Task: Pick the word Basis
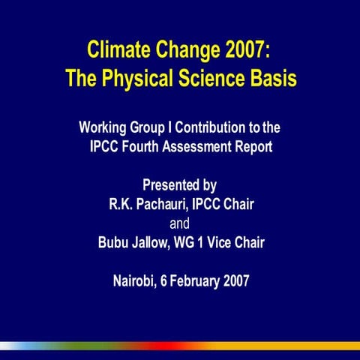(x=274, y=77)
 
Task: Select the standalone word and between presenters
(x=180, y=223)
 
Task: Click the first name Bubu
(x=114, y=243)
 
